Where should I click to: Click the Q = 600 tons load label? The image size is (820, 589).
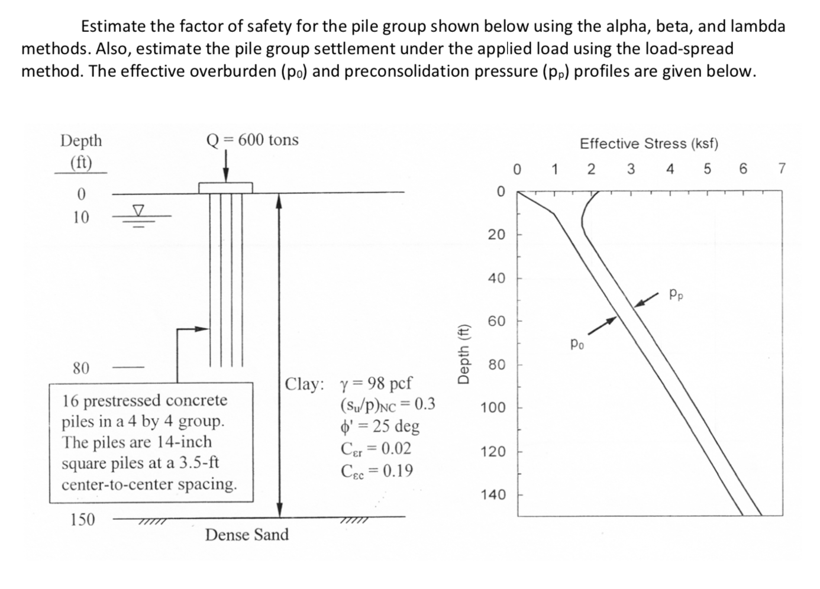pos(252,140)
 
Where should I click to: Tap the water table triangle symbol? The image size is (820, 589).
pos(138,210)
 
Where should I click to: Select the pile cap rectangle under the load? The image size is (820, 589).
pos(225,187)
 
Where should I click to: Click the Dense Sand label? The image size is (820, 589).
pos(247,535)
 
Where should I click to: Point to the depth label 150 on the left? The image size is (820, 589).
pos(82,520)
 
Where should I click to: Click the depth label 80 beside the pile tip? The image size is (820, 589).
pos(81,368)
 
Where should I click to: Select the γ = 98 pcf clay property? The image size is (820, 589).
pos(376,383)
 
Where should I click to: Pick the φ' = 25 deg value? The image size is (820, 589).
pos(380,426)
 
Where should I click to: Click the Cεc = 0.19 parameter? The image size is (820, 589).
pos(377,471)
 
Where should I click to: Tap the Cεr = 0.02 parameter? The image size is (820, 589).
pos(376,449)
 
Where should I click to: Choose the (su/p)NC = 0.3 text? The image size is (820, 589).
pos(388,404)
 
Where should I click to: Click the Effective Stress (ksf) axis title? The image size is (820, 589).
pos(649,144)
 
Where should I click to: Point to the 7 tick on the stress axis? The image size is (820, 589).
pos(782,169)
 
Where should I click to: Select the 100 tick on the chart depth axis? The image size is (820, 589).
pos(493,408)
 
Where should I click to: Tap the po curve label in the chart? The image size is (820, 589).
pos(577,343)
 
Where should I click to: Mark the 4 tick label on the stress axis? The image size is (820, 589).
pos(670,169)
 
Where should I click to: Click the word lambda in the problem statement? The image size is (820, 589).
pos(758,26)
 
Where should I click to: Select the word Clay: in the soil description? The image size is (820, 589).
pos(304,384)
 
